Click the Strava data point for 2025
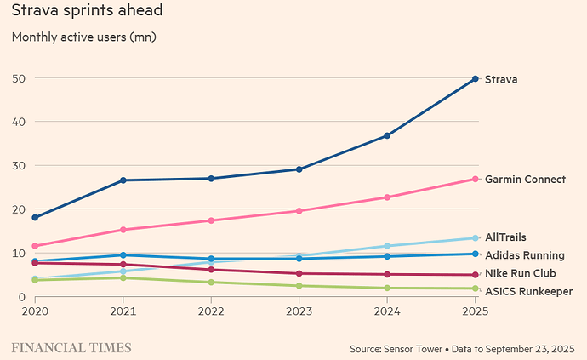[475, 79]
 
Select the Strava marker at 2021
[123, 180]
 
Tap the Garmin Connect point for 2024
[387, 197]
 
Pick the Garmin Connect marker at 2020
[35, 246]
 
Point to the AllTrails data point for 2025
[475, 238]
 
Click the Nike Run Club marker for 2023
[299, 273]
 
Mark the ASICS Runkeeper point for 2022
[211, 283]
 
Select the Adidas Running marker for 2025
[475, 254]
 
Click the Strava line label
[501, 79]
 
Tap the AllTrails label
[504, 237]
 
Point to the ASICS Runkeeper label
[528, 292]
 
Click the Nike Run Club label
[519, 273]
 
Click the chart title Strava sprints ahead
[88, 12]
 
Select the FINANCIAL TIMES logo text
[71, 347]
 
